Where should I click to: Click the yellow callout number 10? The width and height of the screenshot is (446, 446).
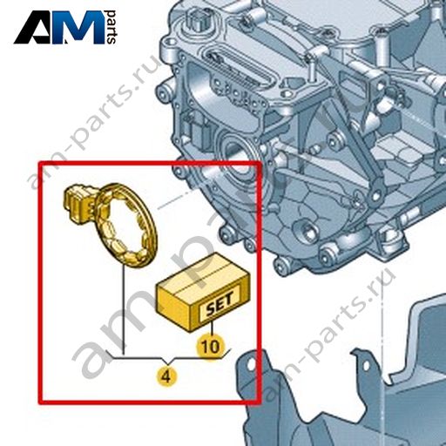(211, 347)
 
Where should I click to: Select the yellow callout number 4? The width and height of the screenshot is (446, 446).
(166, 377)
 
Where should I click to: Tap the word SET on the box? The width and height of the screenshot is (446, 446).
(220, 305)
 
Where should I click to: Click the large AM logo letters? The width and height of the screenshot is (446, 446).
(59, 28)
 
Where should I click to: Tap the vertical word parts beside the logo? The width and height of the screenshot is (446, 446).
(111, 27)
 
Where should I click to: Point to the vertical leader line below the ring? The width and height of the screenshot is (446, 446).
(124, 309)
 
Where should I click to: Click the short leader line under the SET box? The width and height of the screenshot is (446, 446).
(213, 328)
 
